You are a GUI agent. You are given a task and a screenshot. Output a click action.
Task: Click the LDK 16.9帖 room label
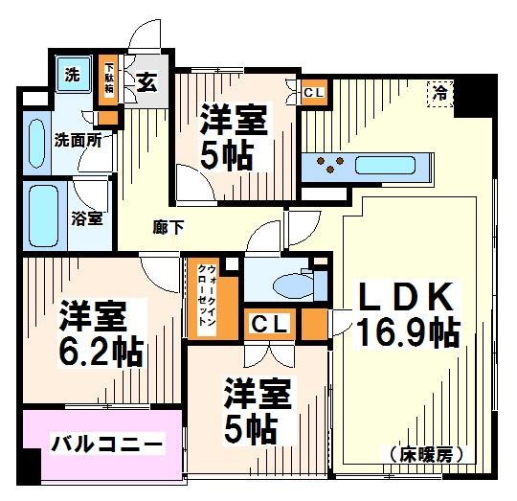click(405, 314)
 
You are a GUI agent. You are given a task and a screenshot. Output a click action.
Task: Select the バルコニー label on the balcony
click(102, 444)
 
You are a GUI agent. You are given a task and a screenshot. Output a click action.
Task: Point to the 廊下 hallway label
click(169, 227)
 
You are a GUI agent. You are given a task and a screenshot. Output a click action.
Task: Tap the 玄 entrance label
click(146, 82)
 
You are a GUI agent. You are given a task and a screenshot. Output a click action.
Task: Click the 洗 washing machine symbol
click(73, 74)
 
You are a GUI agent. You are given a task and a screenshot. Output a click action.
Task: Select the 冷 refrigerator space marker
click(439, 93)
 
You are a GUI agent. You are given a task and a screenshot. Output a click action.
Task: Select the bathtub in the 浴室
click(44, 216)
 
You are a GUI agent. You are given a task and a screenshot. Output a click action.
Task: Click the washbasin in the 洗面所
click(38, 142)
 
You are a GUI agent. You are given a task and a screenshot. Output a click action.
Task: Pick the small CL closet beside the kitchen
click(313, 93)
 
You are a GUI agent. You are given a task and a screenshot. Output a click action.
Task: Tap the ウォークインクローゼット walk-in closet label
click(204, 297)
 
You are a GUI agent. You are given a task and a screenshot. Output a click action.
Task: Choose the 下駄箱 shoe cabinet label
click(110, 78)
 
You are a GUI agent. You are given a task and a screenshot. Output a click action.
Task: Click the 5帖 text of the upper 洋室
click(228, 156)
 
